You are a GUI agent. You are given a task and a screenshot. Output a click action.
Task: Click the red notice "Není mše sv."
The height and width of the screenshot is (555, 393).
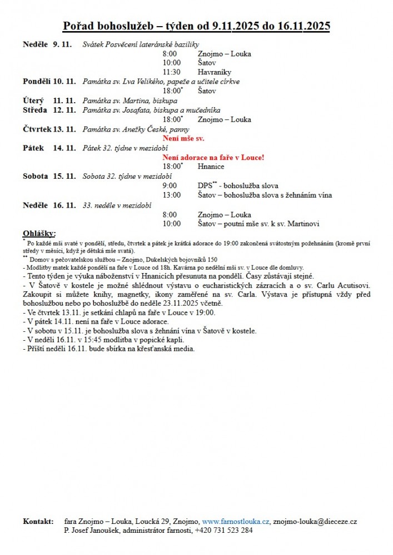pos(183,138)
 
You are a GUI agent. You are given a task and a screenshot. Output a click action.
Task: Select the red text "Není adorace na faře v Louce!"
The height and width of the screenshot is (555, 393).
pos(213,158)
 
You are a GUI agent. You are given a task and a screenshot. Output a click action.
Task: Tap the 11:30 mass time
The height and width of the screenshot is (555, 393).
pos(172,72)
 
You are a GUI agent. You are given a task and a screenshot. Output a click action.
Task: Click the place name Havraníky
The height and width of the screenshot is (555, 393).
pos(214,72)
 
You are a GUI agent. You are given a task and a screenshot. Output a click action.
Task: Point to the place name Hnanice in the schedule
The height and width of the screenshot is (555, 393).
pos(211,167)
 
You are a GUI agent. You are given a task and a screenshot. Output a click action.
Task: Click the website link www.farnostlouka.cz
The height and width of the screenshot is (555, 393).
pos(236,522)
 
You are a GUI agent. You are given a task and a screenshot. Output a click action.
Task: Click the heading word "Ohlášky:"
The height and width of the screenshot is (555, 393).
pos(39,233)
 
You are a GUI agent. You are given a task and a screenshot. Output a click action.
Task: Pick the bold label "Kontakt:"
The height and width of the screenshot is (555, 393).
pos(38,522)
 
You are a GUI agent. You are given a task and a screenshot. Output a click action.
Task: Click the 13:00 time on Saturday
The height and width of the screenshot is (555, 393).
pos(172,195)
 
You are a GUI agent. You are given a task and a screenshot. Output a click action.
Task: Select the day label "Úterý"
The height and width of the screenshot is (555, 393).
pos(33,100)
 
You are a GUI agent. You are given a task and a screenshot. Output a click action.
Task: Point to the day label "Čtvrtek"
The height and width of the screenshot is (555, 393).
pos(36,129)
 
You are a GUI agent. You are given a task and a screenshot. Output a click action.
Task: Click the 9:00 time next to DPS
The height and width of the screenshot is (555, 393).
pos(170,185)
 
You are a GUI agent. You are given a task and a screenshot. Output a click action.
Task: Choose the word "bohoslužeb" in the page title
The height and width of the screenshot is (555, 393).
pos(122,26)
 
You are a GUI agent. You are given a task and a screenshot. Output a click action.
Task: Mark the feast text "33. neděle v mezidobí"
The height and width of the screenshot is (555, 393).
pos(117,205)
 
